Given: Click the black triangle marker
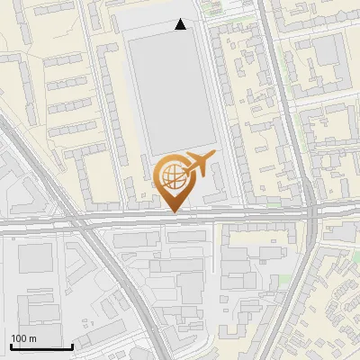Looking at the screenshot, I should point(181,25).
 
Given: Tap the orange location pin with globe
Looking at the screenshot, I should point(172,180).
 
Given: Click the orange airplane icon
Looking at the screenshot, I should point(200,163).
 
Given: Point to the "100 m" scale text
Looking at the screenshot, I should point(24,337).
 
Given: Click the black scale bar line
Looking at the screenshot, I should point(40,346).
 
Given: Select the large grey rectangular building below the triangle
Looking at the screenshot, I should point(171,90).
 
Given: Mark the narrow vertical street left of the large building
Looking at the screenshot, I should point(118,90).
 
